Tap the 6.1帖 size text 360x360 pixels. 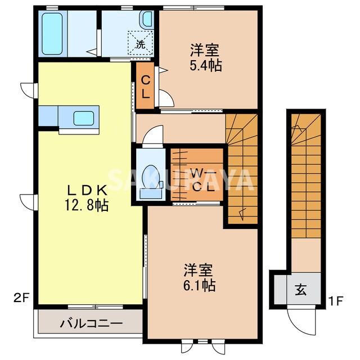pyautogui.click(x=199, y=285)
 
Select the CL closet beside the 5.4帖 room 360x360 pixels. pyautogui.click(x=145, y=87)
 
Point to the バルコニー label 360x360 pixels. pyautogui.click(x=91, y=323)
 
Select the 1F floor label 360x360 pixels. pyautogui.click(x=336, y=300)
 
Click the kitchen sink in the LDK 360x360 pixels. pyautogui.click(x=84, y=118)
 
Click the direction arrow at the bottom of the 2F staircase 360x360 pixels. pyautogui.click(x=242, y=213)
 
